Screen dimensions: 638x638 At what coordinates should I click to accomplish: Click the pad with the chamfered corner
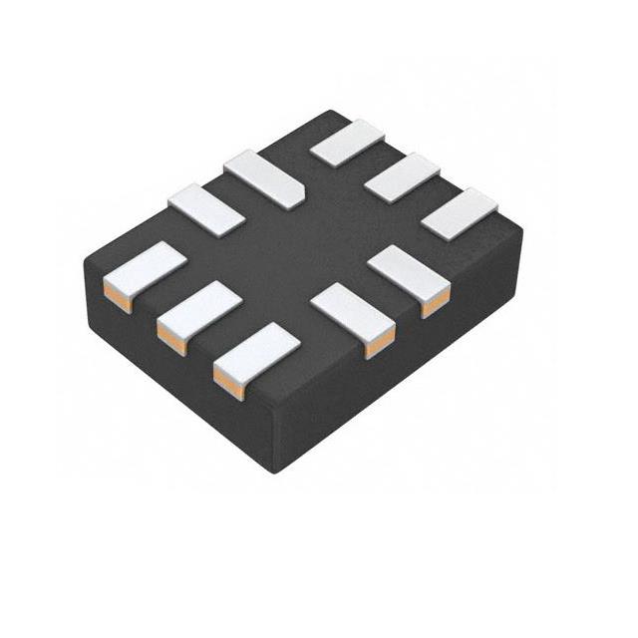coord(263,178)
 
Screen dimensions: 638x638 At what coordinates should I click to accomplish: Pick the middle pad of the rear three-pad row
coord(403,177)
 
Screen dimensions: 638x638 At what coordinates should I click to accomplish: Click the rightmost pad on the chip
coord(459,212)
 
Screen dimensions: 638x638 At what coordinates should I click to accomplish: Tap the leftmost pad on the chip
coord(146,272)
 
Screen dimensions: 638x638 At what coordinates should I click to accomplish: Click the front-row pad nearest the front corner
coord(256,352)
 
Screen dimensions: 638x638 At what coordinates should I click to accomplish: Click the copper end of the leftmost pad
coord(117,298)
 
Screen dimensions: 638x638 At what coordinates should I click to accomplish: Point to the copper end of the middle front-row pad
coord(171,340)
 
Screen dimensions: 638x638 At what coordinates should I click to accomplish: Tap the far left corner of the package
coord(84,261)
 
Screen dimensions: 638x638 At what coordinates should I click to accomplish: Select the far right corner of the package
coord(521,231)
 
